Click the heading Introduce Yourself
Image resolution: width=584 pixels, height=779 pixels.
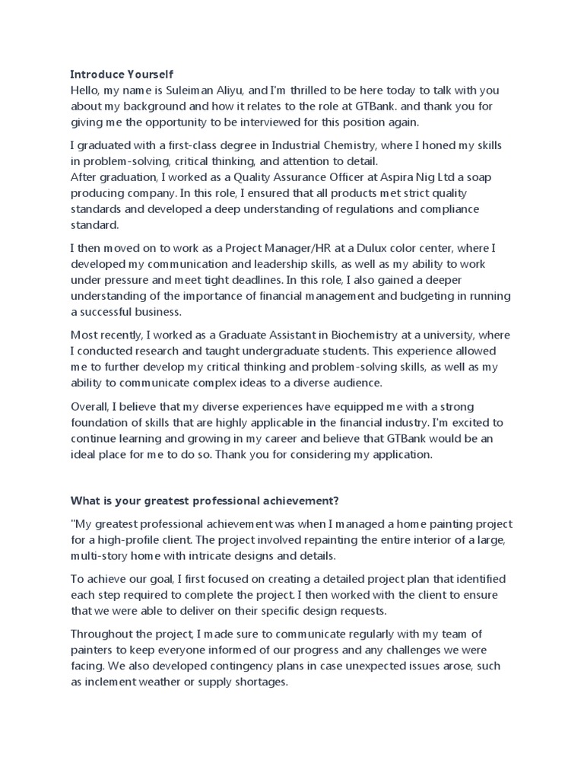pos(122,75)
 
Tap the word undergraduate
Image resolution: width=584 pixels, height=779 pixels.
pos(292,351)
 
